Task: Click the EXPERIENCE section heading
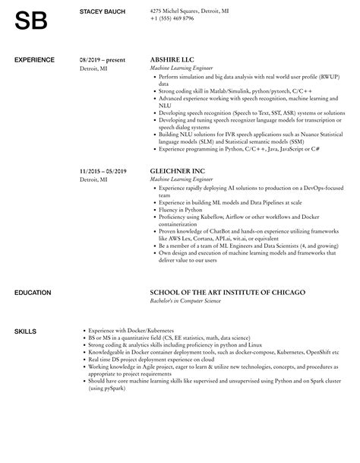[35, 59]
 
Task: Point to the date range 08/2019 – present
[103, 59]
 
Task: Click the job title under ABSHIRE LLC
[183, 68]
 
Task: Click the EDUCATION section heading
[33, 271]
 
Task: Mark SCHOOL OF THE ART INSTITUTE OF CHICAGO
[226, 271]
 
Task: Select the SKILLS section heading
[25, 309]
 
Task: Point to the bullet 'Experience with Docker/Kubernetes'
[131, 309]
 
